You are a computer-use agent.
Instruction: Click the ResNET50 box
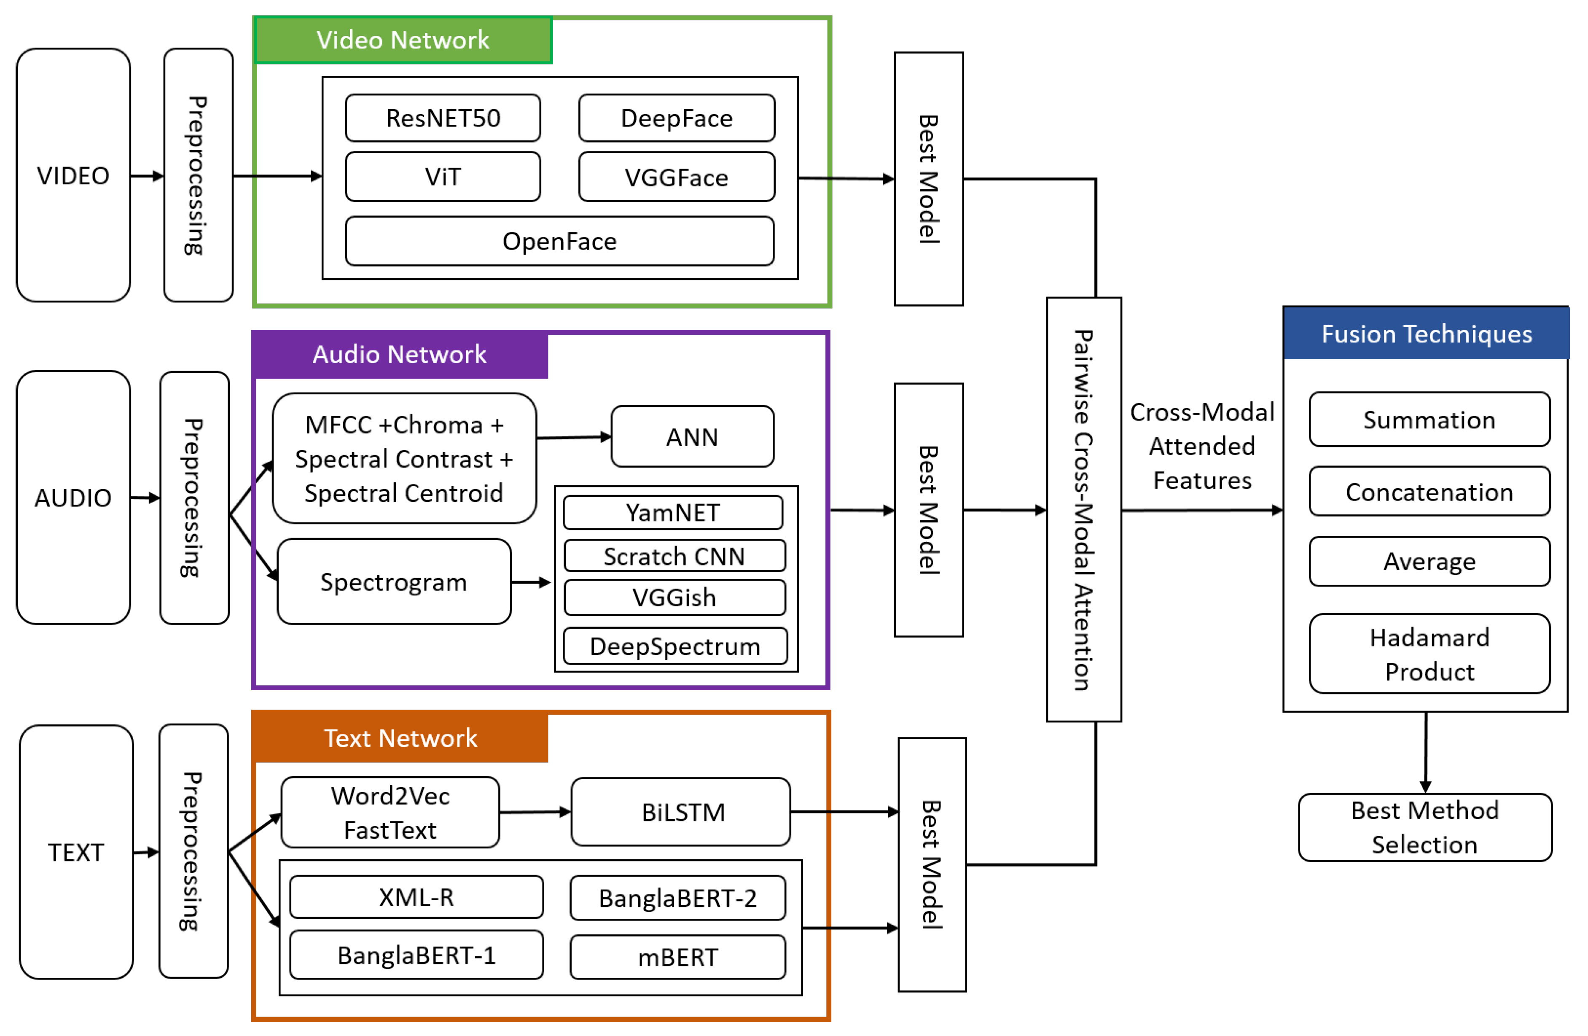point(443,118)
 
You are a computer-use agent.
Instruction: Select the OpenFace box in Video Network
point(559,241)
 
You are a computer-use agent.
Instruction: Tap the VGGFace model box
point(677,177)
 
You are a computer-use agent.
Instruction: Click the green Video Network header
point(403,40)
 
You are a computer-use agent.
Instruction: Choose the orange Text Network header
point(400,737)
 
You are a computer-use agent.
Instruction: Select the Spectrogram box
point(394,581)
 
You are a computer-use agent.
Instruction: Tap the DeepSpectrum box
point(674,646)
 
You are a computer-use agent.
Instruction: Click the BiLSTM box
point(680,812)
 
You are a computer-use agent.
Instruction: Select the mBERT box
point(677,957)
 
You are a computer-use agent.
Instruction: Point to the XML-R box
point(416,896)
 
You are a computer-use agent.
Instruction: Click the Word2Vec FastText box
point(390,812)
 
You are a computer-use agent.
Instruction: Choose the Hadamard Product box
point(1429,654)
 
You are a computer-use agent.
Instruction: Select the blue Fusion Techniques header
point(1426,333)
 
